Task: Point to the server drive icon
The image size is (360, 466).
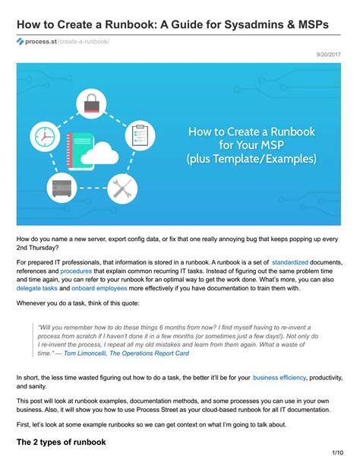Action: pyautogui.click(x=62, y=187)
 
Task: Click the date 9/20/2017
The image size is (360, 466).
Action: pyautogui.click(x=330, y=55)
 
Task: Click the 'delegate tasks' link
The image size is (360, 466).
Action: pyautogui.click(x=37, y=289)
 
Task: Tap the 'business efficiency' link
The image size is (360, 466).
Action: pyautogui.click(x=279, y=377)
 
